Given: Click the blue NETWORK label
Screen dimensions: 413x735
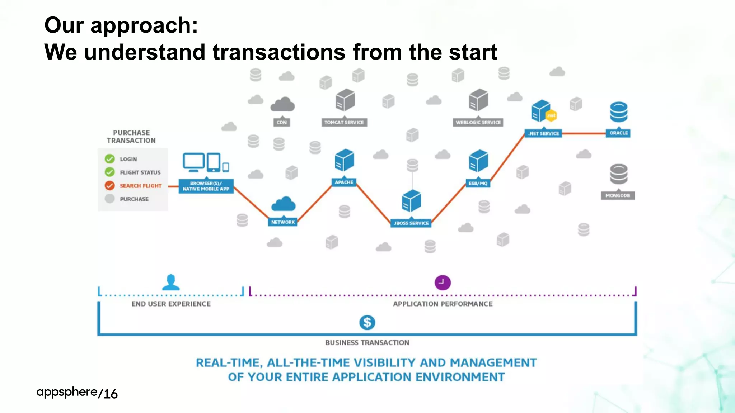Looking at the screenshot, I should click(283, 222).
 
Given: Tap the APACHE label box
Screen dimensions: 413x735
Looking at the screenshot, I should click(344, 182).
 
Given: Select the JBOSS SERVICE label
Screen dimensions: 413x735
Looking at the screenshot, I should click(411, 223).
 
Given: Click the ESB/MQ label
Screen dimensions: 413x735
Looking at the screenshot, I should click(478, 183).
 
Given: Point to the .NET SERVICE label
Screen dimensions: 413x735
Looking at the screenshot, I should click(543, 133).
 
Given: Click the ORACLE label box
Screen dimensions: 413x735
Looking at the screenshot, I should click(618, 133).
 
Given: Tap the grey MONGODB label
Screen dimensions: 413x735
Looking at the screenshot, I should click(618, 195).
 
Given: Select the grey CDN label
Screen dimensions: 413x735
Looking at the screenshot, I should click(282, 122).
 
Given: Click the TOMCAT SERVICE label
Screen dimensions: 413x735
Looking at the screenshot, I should click(344, 122).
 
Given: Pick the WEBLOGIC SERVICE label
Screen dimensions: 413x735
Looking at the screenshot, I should click(478, 122).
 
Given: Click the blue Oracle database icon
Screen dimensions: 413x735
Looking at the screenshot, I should click(618, 112).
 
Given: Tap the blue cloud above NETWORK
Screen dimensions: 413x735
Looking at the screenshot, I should click(284, 204).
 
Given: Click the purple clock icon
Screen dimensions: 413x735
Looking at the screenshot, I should click(443, 283).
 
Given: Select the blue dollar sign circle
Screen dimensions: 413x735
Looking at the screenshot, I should click(367, 322).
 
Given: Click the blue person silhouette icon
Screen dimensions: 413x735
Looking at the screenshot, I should click(171, 283).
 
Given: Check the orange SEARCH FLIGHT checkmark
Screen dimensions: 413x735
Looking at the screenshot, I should click(109, 185).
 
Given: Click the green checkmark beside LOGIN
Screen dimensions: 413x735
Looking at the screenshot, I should click(109, 159).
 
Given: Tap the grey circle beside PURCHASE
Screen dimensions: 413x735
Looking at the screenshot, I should click(109, 199).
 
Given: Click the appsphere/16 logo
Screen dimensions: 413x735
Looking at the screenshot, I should click(77, 393).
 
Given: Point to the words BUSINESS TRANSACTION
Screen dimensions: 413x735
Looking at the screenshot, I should click(367, 343).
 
